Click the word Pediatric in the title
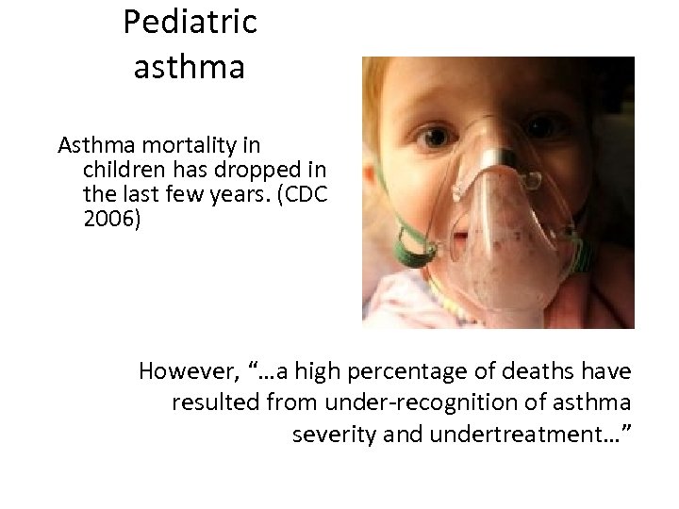(190, 22)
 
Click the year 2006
(108, 219)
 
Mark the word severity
(332, 435)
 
